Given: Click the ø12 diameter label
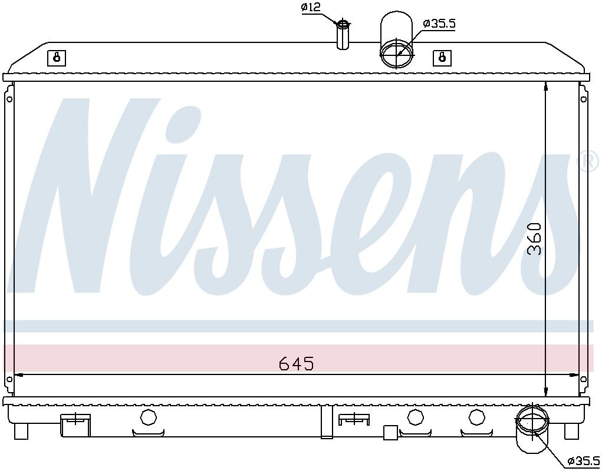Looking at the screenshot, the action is pyautogui.click(x=311, y=7).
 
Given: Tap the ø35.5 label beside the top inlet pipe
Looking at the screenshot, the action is pyautogui.click(x=439, y=24).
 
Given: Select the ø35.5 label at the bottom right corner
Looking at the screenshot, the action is pyautogui.click(x=583, y=460).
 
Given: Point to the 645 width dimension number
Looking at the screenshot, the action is pyautogui.click(x=296, y=363).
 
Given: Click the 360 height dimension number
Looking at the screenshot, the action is pyautogui.click(x=534, y=239).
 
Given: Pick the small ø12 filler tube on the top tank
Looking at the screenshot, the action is pyautogui.click(x=343, y=35).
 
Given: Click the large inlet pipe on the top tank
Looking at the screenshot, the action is pyautogui.click(x=397, y=40).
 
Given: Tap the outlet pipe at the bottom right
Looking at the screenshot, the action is pyautogui.click(x=532, y=429).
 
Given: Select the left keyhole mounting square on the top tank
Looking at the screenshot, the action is pyautogui.click(x=57, y=58).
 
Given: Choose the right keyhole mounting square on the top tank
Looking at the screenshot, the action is pyautogui.click(x=442, y=58).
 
